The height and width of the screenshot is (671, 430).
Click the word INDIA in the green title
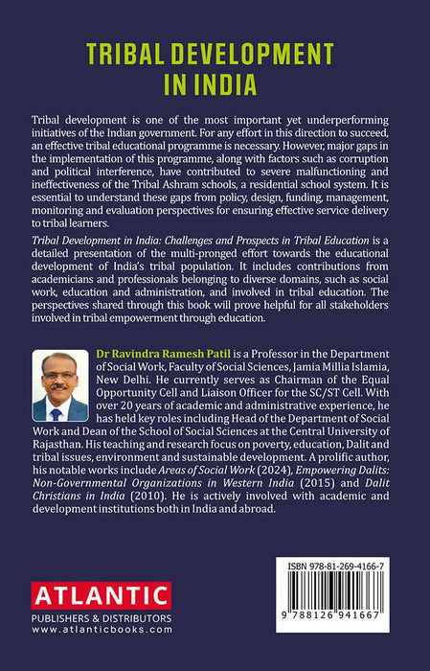click(215, 85)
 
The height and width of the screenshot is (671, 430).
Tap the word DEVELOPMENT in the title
click(254, 55)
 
